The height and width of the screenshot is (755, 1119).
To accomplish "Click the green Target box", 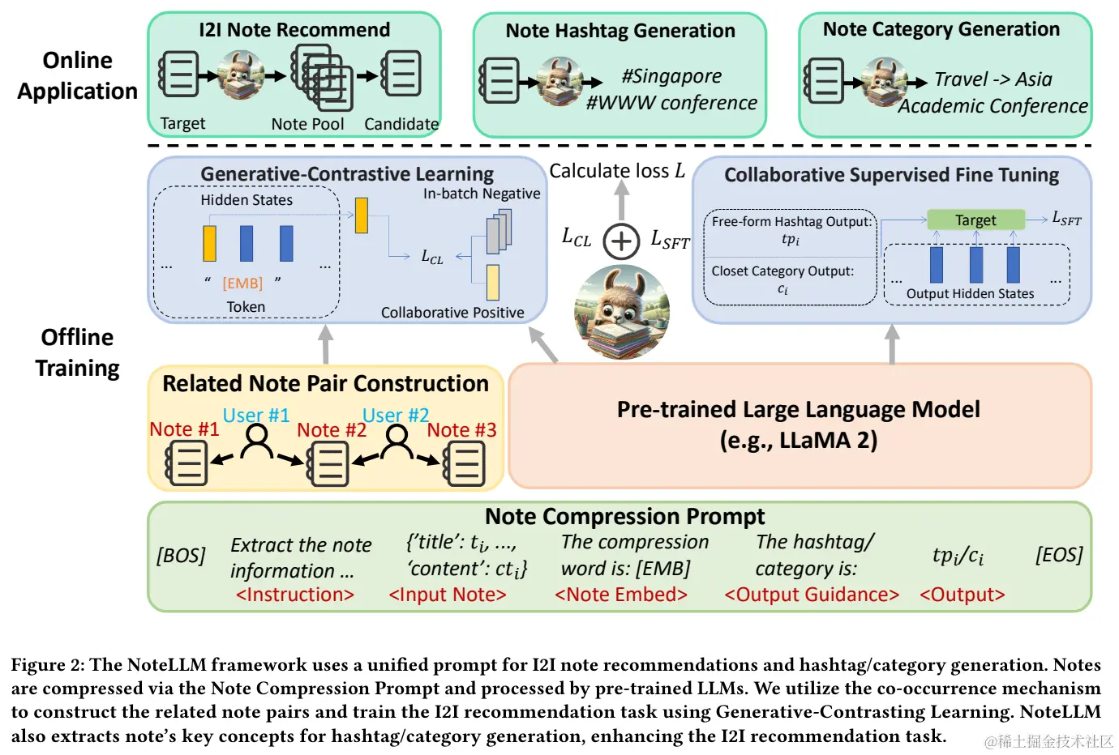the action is (975, 220).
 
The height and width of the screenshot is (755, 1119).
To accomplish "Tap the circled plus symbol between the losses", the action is (621, 241).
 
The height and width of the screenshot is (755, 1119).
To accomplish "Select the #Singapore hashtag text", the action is (671, 76).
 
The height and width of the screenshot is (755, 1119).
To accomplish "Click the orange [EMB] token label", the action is (242, 283).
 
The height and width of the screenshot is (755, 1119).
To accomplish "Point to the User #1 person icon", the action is (257, 441).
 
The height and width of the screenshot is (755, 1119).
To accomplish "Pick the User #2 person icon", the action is (397, 441).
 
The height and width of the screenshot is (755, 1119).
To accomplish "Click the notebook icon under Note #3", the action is (464, 465).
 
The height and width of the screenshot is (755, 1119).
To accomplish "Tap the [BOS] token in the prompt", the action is (181, 555).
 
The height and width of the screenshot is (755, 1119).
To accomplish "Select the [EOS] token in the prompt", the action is (1059, 554).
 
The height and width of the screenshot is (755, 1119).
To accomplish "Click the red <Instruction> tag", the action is (294, 595).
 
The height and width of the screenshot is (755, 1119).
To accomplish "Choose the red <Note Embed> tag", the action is (621, 595).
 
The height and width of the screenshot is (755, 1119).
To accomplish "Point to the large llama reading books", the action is (622, 312).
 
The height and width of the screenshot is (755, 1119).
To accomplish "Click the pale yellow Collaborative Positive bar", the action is (493, 283).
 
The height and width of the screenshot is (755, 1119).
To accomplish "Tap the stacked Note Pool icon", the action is (322, 77).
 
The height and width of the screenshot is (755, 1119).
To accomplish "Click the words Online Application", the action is (77, 75).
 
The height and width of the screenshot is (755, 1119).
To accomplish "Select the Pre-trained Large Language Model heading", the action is (798, 409).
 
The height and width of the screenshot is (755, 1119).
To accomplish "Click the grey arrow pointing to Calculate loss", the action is (621, 200).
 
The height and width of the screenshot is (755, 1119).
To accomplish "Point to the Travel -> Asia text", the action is (993, 79).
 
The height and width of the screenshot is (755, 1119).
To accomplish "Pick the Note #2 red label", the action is (332, 429).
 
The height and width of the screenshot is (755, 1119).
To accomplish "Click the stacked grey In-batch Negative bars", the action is (499, 231).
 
